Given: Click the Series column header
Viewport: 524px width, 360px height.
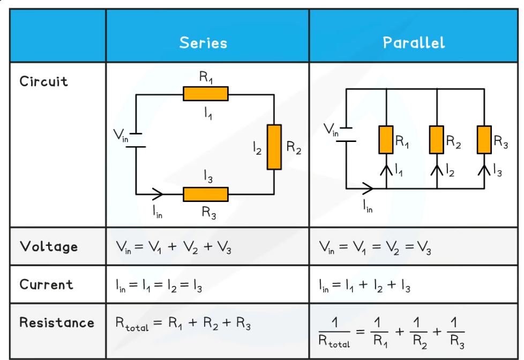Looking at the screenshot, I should point(203,43).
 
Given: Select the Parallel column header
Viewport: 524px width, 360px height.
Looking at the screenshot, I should point(414,43).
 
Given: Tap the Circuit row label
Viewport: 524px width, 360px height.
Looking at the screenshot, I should point(44,81).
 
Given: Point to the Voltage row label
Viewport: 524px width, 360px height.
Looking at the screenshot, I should point(49,246).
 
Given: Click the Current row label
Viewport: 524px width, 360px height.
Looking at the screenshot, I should point(46,284).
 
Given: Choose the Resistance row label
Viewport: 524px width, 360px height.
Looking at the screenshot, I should point(57,322).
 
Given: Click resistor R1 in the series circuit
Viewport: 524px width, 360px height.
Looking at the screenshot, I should point(206,94).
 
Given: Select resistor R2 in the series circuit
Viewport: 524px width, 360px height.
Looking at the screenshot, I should point(274,147).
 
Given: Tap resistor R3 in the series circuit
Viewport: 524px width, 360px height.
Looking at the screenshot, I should point(206,194).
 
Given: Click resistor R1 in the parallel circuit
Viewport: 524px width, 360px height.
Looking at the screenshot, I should point(386,140).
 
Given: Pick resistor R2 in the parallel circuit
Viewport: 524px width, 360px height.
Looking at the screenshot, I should point(437,140).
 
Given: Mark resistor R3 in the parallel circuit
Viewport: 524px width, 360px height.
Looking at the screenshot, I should point(484,140).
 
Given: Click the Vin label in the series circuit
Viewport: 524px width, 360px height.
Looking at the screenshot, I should point(122,136).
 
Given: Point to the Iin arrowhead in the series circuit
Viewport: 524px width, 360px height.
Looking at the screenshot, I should point(158,193).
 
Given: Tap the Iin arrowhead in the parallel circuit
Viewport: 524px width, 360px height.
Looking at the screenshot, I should point(368,188).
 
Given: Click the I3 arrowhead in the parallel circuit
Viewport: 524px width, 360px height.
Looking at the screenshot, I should point(484,169).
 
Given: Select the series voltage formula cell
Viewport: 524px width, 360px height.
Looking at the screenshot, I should point(174,247).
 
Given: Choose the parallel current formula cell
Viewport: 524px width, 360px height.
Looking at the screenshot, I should point(364,286).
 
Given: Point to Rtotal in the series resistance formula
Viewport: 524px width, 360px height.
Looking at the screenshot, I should point(132,324).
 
